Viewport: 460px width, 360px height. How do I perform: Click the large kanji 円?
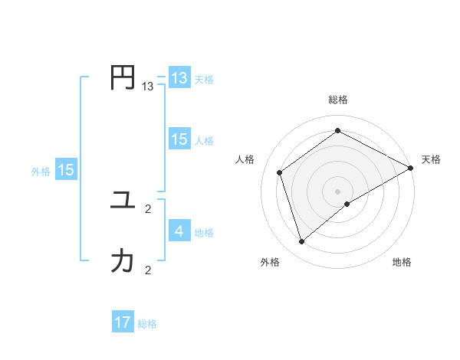click(123, 78)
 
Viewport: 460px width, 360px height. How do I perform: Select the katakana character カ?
click(123, 261)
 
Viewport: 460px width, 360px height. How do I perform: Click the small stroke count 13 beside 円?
click(147, 87)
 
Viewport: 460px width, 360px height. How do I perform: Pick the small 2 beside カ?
click(147, 270)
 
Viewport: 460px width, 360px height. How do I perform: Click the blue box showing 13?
click(179, 78)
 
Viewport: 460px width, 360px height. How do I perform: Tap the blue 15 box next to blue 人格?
click(179, 139)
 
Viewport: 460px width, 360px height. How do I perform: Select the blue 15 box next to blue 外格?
click(66, 170)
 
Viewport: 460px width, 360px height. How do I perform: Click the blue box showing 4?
click(179, 231)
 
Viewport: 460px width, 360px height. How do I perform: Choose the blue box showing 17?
click(123, 322)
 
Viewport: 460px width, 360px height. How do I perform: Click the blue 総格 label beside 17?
click(147, 324)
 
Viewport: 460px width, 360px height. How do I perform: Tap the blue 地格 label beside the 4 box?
click(204, 233)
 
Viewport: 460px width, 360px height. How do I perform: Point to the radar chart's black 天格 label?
click(431, 159)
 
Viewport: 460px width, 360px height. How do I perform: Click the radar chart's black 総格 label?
click(338, 100)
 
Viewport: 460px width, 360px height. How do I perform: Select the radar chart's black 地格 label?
click(402, 263)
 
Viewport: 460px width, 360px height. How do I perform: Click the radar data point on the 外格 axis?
click(302, 242)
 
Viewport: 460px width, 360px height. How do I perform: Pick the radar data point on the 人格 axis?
click(280, 172)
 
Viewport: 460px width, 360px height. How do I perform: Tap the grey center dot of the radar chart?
click(338, 191)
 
